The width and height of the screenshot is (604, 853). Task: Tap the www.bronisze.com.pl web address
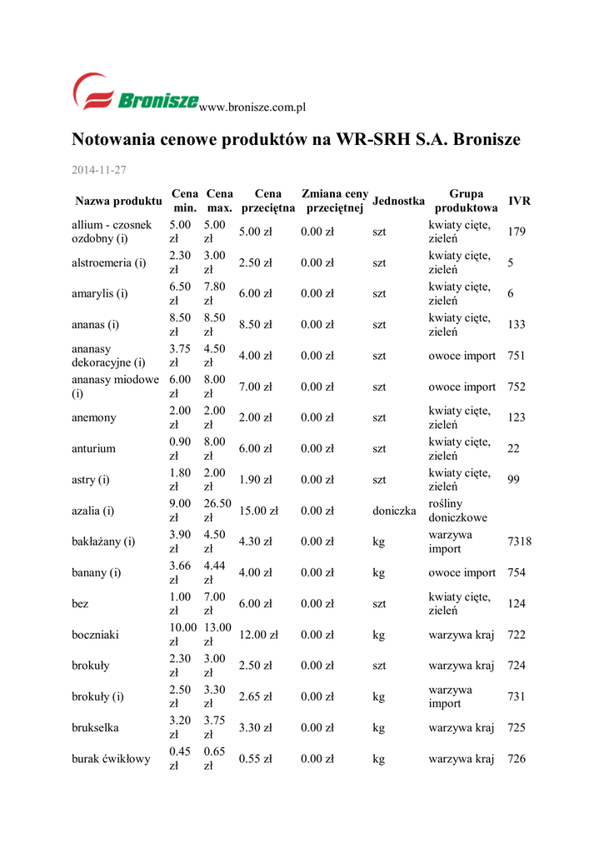click(254, 107)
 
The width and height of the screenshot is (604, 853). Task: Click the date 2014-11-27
click(98, 170)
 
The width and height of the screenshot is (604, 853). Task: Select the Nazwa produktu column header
click(117, 201)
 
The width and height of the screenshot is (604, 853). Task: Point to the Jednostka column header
click(398, 201)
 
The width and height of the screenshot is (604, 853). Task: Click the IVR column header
click(519, 201)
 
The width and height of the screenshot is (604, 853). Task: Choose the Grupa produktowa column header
click(466, 201)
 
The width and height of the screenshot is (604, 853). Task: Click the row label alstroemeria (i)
click(109, 262)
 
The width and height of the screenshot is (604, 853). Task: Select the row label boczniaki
click(95, 635)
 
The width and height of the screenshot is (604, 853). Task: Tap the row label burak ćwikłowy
click(111, 759)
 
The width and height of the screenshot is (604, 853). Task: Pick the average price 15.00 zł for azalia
click(258, 511)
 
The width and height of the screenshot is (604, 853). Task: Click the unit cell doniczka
click(394, 511)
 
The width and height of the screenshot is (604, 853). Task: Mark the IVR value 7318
click(519, 541)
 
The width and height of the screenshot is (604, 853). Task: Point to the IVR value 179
click(517, 232)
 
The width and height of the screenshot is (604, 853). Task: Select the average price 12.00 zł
click(258, 635)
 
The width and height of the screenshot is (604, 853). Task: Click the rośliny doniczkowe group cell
click(458, 511)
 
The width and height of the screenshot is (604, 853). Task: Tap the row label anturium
click(93, 448)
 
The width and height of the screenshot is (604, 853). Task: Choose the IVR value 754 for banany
click(517, 572)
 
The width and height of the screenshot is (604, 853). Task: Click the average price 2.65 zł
click(256, 696)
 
